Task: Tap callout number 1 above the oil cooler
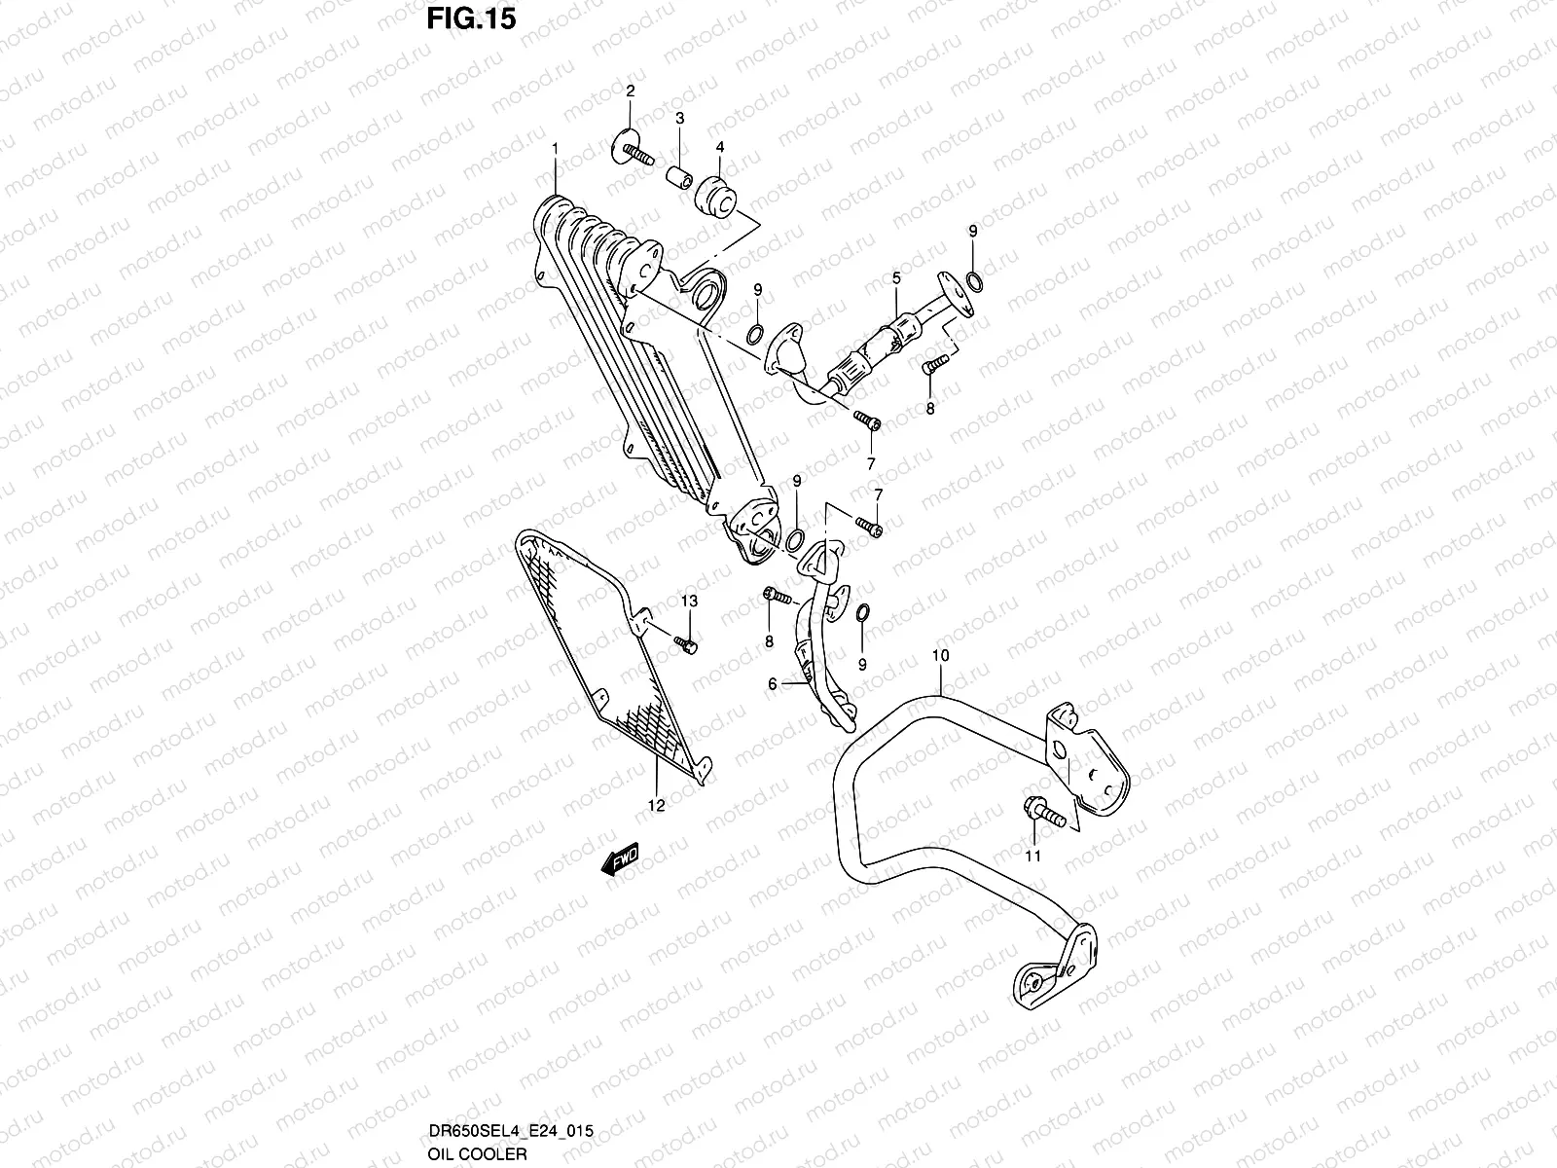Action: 555,148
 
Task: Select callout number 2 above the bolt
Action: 630,91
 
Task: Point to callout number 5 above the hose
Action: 896,279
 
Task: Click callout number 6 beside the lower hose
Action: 773,684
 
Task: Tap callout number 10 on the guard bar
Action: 939,656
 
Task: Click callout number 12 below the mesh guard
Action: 656,805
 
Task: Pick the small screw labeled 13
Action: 686,641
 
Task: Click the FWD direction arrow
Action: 619,859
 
